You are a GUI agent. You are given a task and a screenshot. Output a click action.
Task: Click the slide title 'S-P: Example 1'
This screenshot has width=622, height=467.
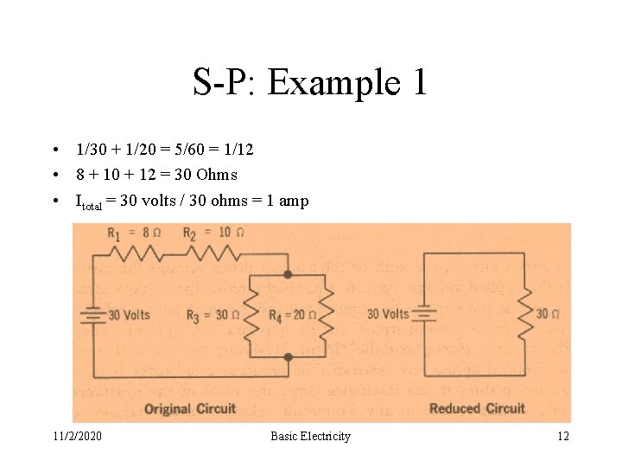(x=310, y=83)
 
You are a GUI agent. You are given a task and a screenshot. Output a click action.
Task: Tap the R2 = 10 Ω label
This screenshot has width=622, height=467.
(x=206, y=233)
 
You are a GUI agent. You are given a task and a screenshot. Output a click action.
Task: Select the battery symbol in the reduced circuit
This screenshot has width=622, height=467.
(x=423, y=314)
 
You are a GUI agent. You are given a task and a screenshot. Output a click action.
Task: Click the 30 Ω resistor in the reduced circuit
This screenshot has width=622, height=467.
(x=524, y=313)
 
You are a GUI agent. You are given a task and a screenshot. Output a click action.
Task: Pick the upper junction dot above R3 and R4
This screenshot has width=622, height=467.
(x=288, y=274)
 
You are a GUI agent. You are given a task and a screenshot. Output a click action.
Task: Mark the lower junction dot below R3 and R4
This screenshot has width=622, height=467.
(x=288, y=356)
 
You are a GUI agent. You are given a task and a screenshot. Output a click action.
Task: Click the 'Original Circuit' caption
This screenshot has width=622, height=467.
(x=189, y=408)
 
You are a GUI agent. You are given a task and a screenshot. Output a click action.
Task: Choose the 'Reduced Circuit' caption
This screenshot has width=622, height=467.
(x=477, y=408)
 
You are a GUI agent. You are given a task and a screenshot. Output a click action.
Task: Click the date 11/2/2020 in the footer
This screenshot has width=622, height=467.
(x=76, y=436)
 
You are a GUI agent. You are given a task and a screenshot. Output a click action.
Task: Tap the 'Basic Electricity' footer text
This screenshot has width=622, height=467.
(x=310, y=436)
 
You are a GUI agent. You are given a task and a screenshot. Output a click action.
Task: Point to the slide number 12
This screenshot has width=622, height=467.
(x=562, y=436)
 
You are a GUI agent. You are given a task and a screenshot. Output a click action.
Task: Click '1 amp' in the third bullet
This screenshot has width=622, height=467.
(x=288, y=201)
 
